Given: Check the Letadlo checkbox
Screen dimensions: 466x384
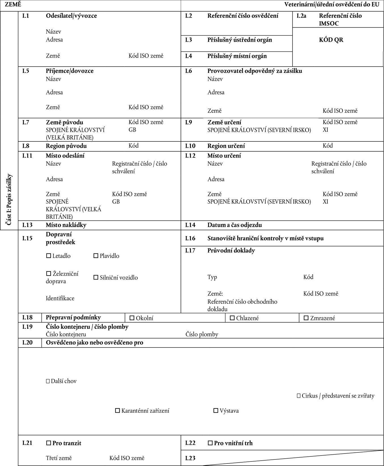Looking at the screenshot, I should pos(48,256).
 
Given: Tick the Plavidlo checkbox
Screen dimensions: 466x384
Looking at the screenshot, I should pos(96,256).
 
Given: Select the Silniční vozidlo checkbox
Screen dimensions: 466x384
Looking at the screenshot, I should pos(96,278).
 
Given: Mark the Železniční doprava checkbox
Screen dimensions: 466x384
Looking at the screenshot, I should pos(48,274).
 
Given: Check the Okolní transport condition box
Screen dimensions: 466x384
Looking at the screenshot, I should pos(132,318).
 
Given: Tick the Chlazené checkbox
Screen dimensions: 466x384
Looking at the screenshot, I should pos(232,318).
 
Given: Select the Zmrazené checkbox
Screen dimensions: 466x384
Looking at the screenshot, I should pos(306,318).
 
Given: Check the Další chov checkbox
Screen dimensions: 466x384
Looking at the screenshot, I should pos(48,381).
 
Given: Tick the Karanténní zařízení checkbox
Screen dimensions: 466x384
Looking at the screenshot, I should pos(118,411).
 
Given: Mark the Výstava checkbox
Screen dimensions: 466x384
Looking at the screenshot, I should pos(216,411).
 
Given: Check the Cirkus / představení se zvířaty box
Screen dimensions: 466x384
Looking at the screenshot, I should pos(298,396).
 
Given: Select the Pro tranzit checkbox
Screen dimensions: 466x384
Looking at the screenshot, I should pos(48,443).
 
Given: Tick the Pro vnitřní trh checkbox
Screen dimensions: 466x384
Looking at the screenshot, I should pos(210,443).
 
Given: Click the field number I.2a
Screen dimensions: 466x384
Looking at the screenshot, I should pos(301,16).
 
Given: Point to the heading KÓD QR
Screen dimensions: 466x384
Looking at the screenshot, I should pos(331,40).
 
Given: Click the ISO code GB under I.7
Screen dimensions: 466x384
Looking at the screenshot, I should pos(132,130).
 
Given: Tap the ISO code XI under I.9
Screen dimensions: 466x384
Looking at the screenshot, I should pos(325,130).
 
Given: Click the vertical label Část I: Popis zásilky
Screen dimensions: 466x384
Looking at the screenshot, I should pos(9,200).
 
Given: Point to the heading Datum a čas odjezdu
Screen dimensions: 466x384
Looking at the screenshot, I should pos(234,225).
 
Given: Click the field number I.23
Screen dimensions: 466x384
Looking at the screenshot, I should pos(190,458).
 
